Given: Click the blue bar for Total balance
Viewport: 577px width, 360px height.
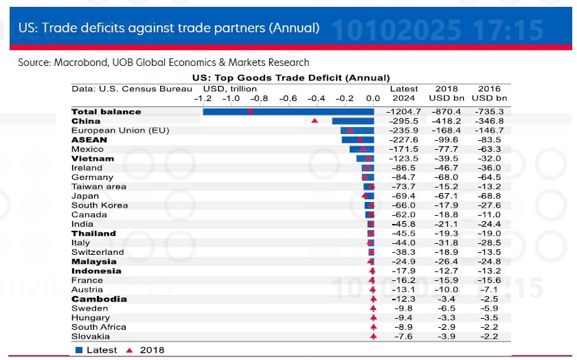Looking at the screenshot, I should click(x=288, y=111).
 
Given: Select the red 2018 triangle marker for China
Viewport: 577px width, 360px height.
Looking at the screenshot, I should click(x=315, y=121).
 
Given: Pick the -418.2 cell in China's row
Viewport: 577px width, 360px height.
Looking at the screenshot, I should click(x=446, y=121).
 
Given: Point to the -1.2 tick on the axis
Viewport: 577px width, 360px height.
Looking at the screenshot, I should click(x=203, y=99).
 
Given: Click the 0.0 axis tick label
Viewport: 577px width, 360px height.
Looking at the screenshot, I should click(x=373, y=99).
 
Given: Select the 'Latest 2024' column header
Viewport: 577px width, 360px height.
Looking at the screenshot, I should click(x=403, y=93).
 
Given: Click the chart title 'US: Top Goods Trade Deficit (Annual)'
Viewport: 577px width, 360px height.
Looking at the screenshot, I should click(x=291, y=78).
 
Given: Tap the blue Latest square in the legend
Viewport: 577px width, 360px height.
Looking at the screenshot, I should click(x=79, y=350).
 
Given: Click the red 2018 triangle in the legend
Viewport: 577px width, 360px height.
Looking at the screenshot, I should click(x=129, y=350).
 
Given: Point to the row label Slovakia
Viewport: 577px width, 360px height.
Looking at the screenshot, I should click(x=90, y=337).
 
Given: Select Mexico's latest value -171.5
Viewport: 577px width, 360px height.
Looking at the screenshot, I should click(x=403, y=149).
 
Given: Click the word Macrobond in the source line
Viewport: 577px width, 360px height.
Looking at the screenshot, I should click(x=79, y=63).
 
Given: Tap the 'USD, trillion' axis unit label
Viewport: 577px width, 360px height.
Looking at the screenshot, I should click(x=230, y=89).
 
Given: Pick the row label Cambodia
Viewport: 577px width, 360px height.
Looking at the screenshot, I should click(x=99, y=299).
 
